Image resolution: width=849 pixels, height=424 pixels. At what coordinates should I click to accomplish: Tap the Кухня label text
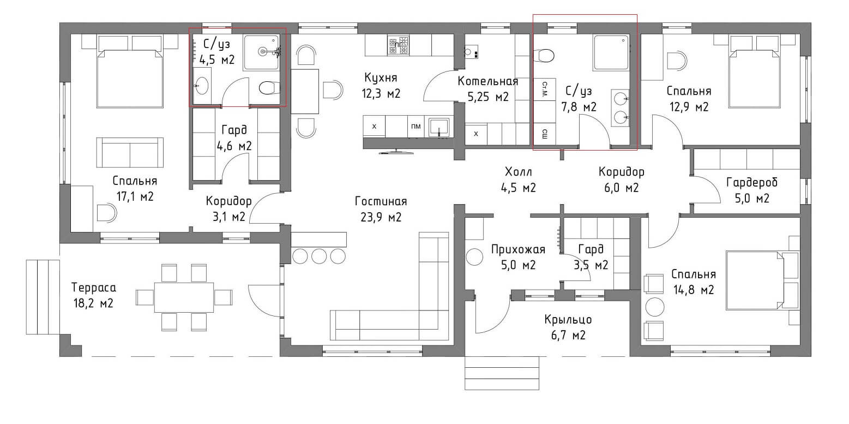tap(381, 77)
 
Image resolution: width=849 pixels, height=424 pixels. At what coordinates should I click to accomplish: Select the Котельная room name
tap(488, 81)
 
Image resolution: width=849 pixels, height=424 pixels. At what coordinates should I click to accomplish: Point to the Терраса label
tap(94, 288)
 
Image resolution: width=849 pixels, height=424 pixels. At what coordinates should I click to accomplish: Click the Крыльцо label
tap(568, 320)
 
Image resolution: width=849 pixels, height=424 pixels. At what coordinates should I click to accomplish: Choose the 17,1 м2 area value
tap(135, 197)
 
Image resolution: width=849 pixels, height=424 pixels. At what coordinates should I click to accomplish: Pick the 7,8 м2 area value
tap(579, 108)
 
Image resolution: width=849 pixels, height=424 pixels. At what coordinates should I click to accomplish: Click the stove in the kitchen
tap(398, 45)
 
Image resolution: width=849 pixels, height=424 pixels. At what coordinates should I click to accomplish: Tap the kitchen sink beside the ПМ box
tap(439, 127)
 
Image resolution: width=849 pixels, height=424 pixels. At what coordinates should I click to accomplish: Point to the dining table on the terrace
tap(184, 297)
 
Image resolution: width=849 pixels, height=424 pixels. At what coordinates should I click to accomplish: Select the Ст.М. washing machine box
tap(545, 89)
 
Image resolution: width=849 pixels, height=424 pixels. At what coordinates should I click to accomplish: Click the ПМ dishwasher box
tap(416, 126)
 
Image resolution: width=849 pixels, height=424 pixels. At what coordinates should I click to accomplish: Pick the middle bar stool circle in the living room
tap(319, 256)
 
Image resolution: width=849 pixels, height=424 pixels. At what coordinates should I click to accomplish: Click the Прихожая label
tap(518, 249)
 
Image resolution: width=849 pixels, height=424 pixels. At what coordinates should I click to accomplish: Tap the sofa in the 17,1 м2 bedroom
tap(130, 152)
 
